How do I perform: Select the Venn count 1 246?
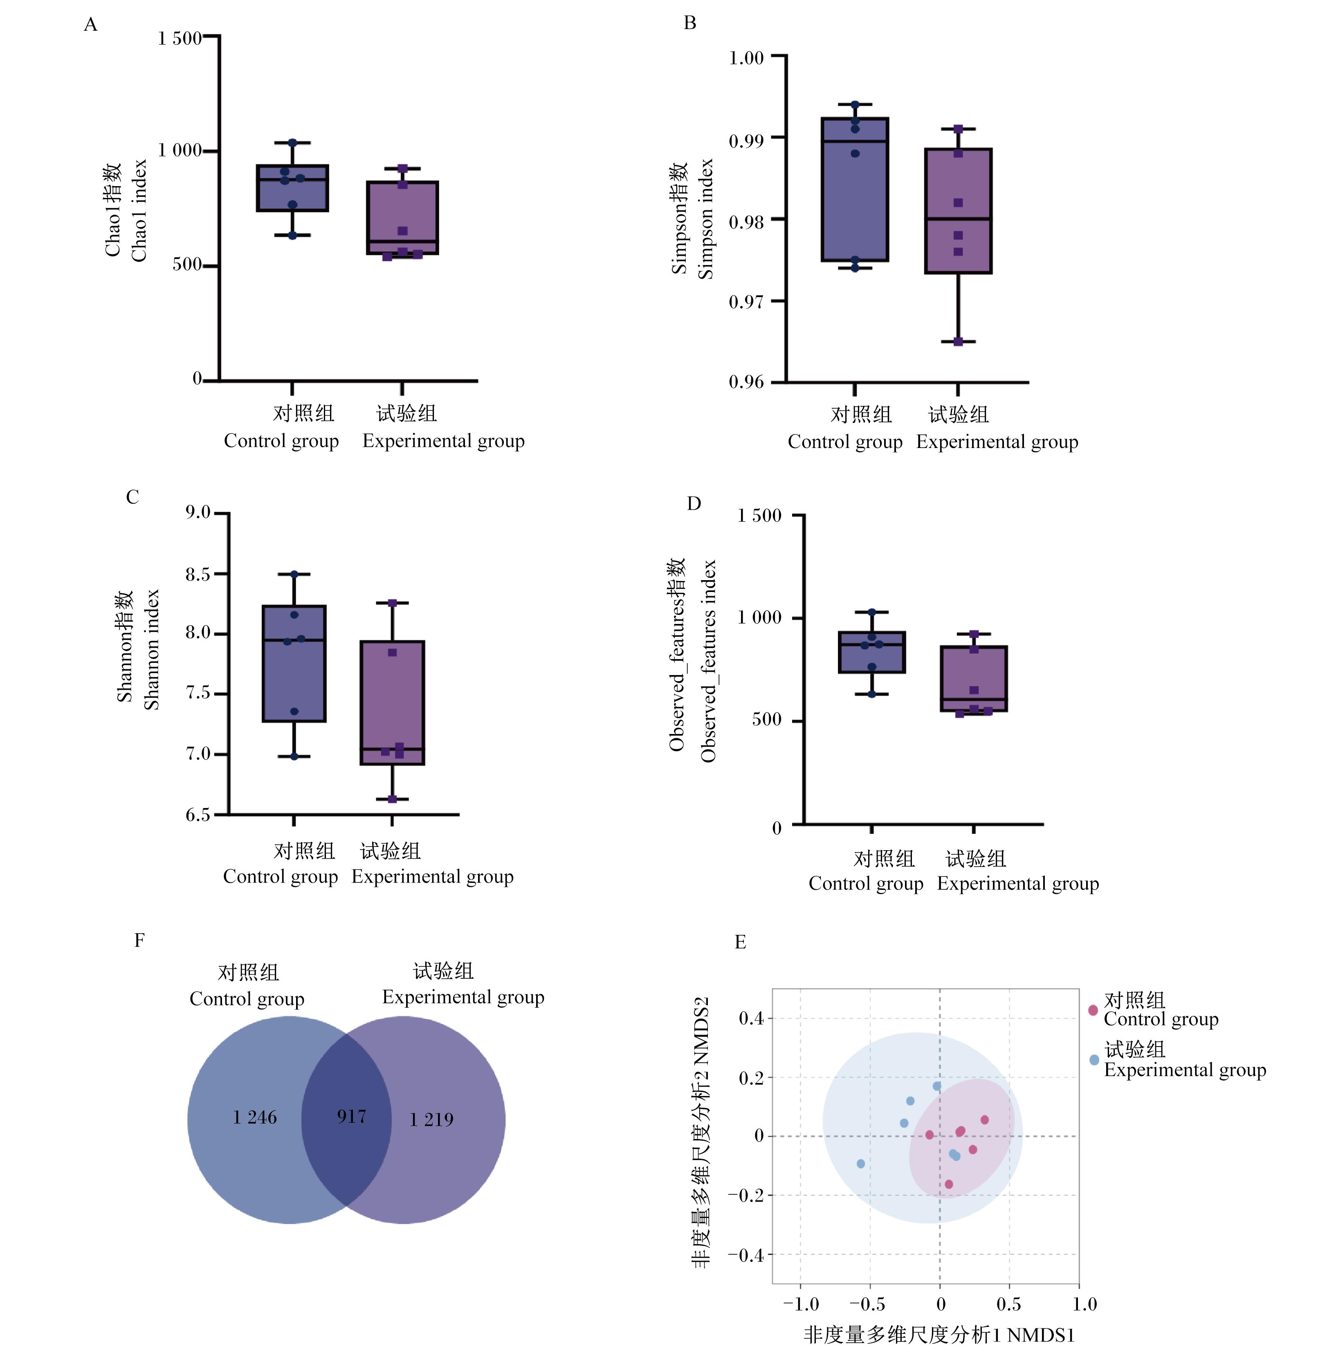coord(254,1118)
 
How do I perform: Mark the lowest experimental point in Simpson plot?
coord(958,341)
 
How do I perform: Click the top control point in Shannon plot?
coord(294,574)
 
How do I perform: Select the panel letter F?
coord(139,940)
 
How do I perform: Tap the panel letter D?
coord(694,503)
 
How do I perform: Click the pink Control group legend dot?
coord(1093,1010)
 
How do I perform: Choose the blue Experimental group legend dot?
coord(1094,1060)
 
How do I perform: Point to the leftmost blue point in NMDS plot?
coord(860,1164)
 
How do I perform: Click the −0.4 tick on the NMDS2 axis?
coord(745,1255)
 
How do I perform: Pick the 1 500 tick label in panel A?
coord(179,38)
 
